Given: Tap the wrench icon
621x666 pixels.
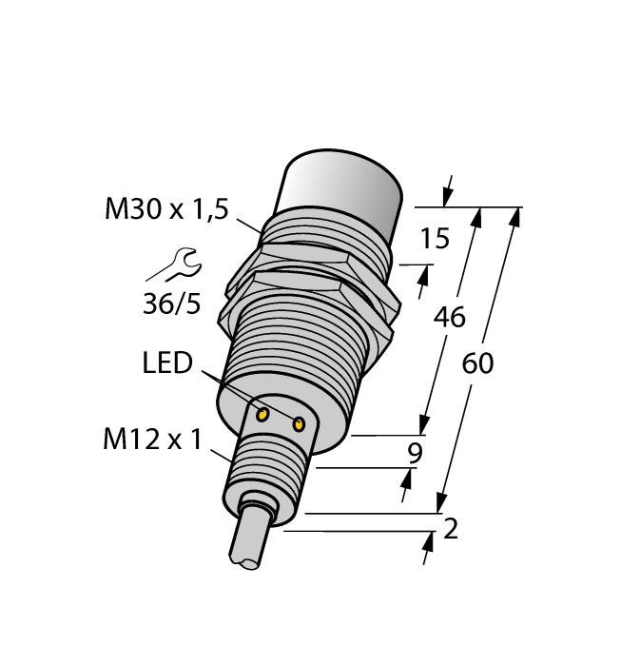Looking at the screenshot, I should point(173,264).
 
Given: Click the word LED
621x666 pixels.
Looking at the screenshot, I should point(166,362).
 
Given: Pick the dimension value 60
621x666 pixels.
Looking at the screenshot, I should point(478,363).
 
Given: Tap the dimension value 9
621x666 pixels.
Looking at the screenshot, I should point(414,454).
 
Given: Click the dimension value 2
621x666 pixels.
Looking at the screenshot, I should point(451,529).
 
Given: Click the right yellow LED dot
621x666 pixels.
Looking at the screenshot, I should point(301,424).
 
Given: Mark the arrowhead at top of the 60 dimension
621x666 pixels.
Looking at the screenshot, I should point(514,217).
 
